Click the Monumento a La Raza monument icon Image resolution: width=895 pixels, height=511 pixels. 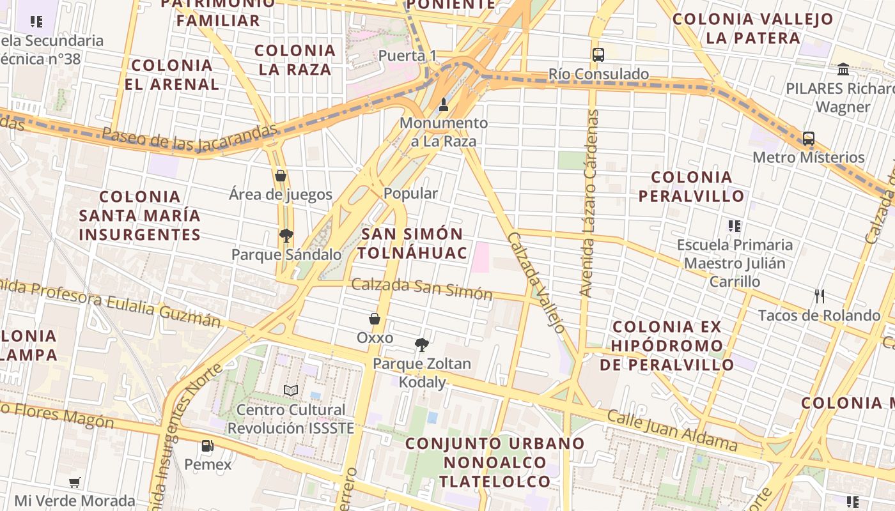coord(444,104)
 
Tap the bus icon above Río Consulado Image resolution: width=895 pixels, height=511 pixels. coord(598,54)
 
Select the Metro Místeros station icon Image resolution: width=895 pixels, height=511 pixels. coord(809,138)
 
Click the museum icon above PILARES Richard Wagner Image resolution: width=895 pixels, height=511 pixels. coord(843,69)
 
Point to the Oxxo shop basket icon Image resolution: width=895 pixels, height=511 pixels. coord(375,319)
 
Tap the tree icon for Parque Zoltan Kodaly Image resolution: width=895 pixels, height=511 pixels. coord(421,345)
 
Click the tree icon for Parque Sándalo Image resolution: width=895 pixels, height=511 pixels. coord(286,236)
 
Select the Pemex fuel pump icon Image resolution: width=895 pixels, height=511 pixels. coord(207,446)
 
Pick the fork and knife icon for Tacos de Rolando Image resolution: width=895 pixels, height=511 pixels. coord(820,296)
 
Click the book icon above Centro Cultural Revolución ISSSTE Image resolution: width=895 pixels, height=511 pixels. coord(291,390)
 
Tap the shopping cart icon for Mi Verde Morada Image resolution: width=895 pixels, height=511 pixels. coord(75,482)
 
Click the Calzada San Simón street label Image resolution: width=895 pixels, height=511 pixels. coord(422,288)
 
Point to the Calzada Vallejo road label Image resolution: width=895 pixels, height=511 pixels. coord(536,282)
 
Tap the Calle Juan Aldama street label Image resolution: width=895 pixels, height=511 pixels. coord(672,431)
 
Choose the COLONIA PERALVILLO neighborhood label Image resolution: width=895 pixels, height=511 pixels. coord(692,186)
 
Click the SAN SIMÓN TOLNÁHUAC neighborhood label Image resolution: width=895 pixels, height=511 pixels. coord(412,243)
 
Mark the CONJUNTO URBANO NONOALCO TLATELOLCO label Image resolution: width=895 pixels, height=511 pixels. coord(495,462)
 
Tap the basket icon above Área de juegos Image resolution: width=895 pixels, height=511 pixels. coord(280,176)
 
